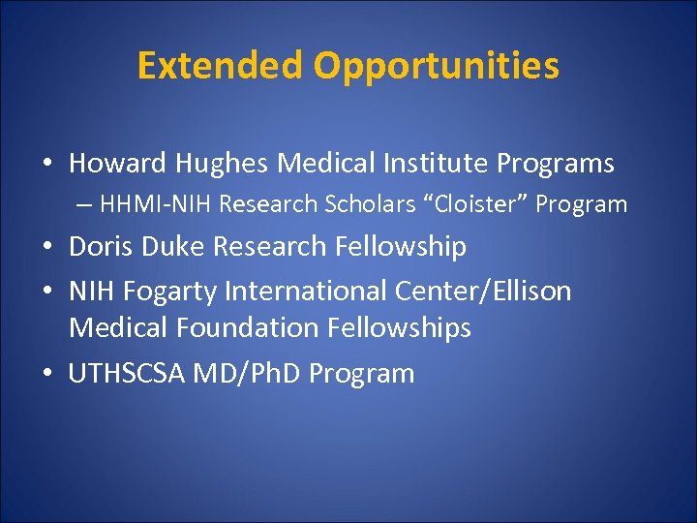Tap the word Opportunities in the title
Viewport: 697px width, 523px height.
pyautogui.click(x=436, y=66)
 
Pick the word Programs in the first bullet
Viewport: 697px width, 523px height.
pyautogui.click(x=556, y=164)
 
